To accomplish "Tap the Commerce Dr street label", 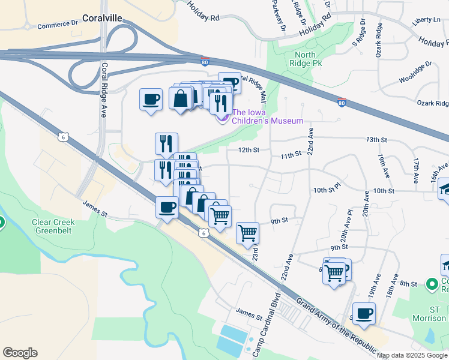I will (x=58, y=25).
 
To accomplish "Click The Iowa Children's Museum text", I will (x=268, y=116).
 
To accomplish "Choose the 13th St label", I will (x=376, y=140).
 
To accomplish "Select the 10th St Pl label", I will (x=327, y=189).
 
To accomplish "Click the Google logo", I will (x=20, y=353).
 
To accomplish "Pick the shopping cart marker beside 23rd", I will (x=247, y=233).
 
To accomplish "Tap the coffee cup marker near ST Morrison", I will (x=363, y=313).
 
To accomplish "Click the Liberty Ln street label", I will (x=426, y=20).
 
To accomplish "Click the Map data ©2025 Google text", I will (x=412, y=355).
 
